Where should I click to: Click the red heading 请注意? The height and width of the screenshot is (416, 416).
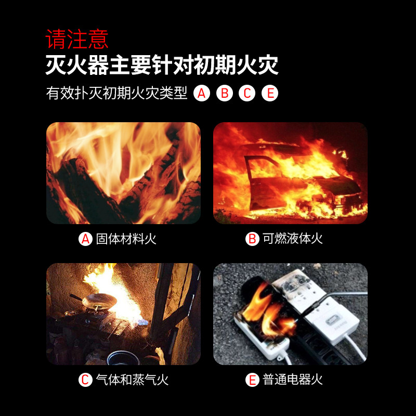click(77, 39)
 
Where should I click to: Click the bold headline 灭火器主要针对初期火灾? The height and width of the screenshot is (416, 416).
click(162, 65)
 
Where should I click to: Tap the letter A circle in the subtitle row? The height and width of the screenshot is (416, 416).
click(202, 93)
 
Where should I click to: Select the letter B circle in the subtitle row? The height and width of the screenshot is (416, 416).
click(225, 93)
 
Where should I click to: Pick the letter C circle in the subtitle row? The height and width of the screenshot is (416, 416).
click(247, 93)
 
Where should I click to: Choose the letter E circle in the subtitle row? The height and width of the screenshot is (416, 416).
click(270, 93)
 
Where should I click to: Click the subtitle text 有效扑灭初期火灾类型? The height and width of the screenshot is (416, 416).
click(116, 93)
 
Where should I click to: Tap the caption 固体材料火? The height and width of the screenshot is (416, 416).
click(126, 239)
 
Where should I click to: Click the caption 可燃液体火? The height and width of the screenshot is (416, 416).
click(293, 239)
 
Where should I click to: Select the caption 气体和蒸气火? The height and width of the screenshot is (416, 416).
click(132, 380)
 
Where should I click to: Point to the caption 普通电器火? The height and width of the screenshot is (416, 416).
click(293, 380)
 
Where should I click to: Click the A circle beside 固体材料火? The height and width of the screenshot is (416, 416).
click(85, 239)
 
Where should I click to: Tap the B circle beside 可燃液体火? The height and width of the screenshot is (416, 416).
click(252, 239)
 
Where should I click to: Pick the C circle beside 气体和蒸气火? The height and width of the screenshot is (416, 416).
click(85, 380)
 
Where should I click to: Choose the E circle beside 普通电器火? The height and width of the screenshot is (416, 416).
click(252, 380)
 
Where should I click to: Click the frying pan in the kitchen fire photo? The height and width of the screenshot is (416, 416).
click(98, 301)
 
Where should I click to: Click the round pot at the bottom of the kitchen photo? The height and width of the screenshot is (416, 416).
click(123, 358)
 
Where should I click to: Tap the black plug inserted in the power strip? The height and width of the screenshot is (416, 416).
click(313, 308)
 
